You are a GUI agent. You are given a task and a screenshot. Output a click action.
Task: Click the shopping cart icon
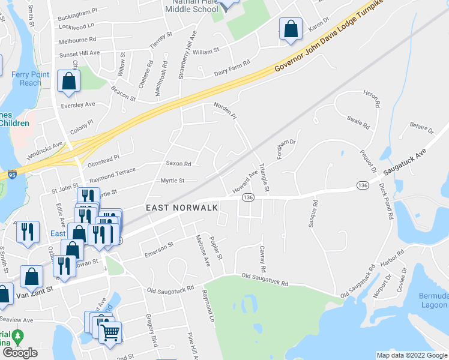tap(110, 332)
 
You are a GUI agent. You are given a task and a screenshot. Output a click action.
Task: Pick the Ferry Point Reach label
tap(26, 79)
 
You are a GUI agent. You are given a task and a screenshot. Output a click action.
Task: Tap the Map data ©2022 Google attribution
tap(411, 355)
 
